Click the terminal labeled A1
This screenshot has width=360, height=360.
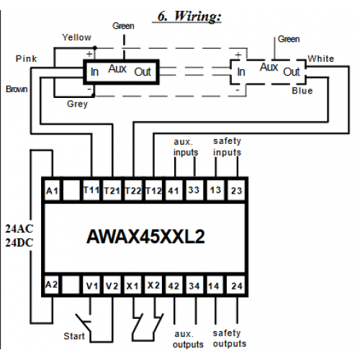point(53,191)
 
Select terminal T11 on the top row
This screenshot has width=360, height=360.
point(91,191)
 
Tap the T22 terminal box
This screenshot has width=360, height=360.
point(133,191)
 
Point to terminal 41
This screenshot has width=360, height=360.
point(174,191)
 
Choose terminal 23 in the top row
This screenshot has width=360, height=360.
point(236,191)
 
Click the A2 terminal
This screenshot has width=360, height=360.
point(52,284)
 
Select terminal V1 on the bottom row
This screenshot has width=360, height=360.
point(92,285)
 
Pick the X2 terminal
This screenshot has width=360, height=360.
point(153,285)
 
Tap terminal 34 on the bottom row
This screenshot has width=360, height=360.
point(194,285)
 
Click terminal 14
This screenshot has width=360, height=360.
point(214,285)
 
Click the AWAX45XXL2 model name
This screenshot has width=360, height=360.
point(145,237)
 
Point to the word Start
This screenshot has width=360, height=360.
point(74,336)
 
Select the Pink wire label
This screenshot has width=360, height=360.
point(26,58)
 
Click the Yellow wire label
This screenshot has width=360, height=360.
point(77,37)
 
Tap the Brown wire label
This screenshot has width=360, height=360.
point(17,89)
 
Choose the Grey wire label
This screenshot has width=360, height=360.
point(77,104)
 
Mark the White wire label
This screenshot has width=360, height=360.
point(321,58)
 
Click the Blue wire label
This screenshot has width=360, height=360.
point(302,91)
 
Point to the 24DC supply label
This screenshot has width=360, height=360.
point(19,243)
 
